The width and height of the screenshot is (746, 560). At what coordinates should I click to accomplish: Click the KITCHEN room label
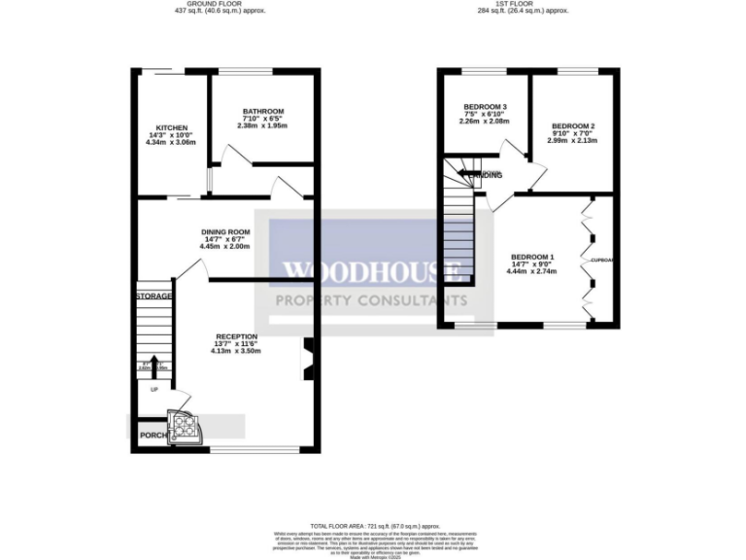(x=172, y=127)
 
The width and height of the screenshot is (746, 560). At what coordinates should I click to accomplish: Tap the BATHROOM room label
(x=263, y=111)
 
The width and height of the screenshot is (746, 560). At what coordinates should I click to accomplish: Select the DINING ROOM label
(x=225, y=231)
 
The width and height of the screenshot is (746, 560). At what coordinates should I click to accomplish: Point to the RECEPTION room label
(x=236, y=336)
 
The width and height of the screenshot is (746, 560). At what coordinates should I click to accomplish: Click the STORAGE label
(x=153, y=296)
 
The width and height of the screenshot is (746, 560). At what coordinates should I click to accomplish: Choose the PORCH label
(x=151, y=435)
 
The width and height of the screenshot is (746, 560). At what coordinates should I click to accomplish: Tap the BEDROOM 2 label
(x=572, y=126)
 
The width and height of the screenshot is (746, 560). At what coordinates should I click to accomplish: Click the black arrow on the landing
(x=467, y=175)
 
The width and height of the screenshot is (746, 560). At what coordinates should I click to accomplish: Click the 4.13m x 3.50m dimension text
(x=236, y=351)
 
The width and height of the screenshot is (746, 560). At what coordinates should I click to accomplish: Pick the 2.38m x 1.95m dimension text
(x=263, y=126)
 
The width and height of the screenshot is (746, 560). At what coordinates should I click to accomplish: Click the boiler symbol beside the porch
(x=183, y=425)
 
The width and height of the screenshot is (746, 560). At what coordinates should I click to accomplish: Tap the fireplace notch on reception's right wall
(x=307, y=355)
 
